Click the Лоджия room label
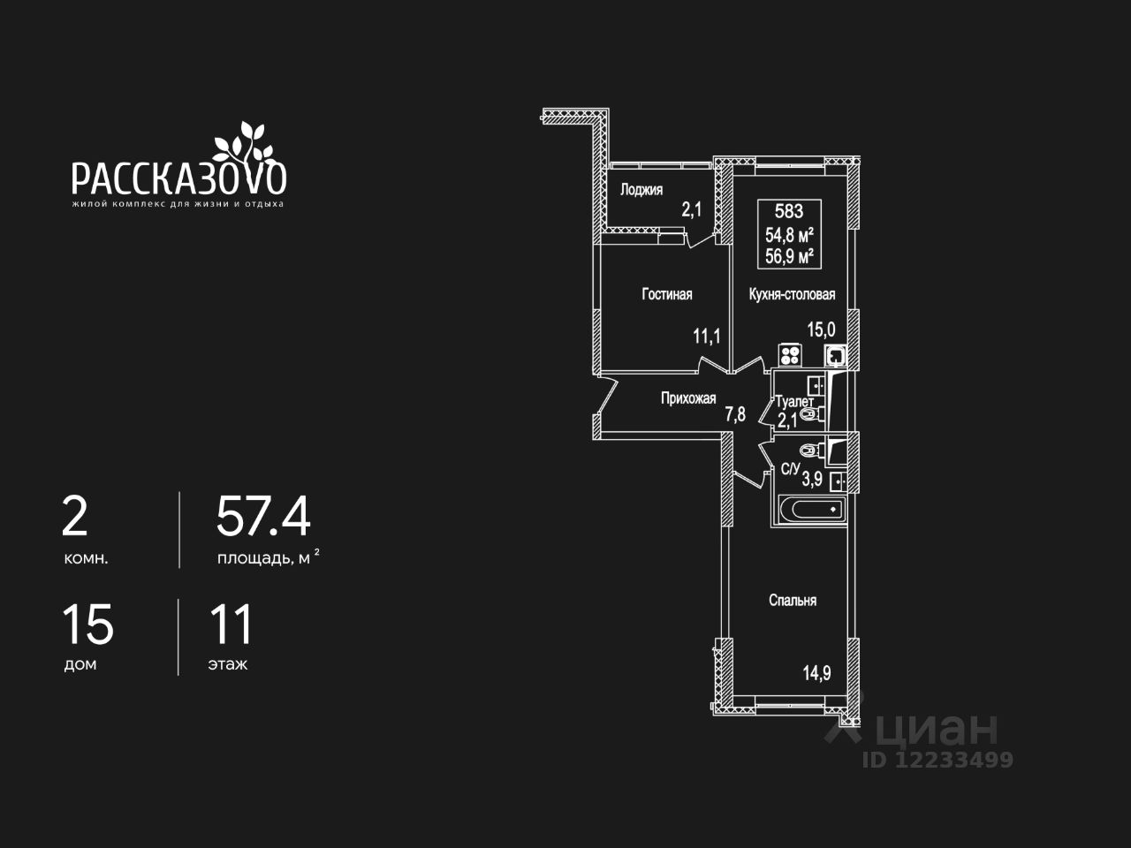(641, 190)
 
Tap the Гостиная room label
(666, 295)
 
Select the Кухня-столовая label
(792, 295)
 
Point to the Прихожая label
(688, 398)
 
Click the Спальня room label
(793, 601)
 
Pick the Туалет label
(794, 402)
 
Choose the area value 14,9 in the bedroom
(816, 673)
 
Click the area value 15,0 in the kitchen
(821, 329)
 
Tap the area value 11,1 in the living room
(707, 336)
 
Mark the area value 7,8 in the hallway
(735, 413)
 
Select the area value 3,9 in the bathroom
(812, 480)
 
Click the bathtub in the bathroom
(811, 510)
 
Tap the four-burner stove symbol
(790, 355)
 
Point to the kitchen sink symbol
(835, 356)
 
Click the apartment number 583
(789, 211)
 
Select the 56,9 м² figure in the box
(789, 257)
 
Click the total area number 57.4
(263, 518)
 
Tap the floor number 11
(230, 625)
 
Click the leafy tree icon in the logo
(239, 140)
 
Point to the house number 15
(87, 625)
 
